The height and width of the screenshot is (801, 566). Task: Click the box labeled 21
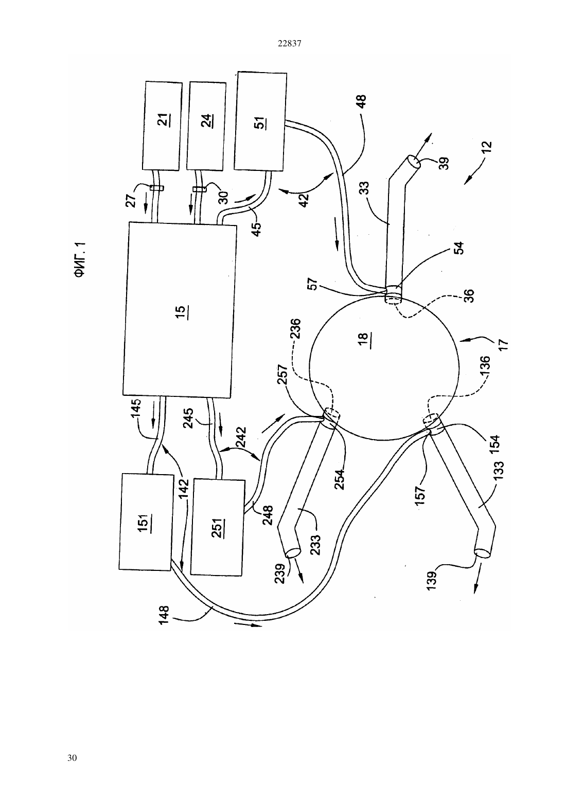[162, 126]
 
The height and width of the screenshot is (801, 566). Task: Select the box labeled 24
[206, 126]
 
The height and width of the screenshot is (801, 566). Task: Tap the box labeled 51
[260, 121]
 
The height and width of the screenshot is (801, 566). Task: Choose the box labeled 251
[218, 528]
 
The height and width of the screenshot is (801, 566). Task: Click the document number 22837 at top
[289, 44]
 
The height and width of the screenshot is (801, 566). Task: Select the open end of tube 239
[293, 553]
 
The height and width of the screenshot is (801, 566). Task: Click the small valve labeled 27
[156, 188]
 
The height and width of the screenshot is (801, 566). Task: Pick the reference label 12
[487, 147]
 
